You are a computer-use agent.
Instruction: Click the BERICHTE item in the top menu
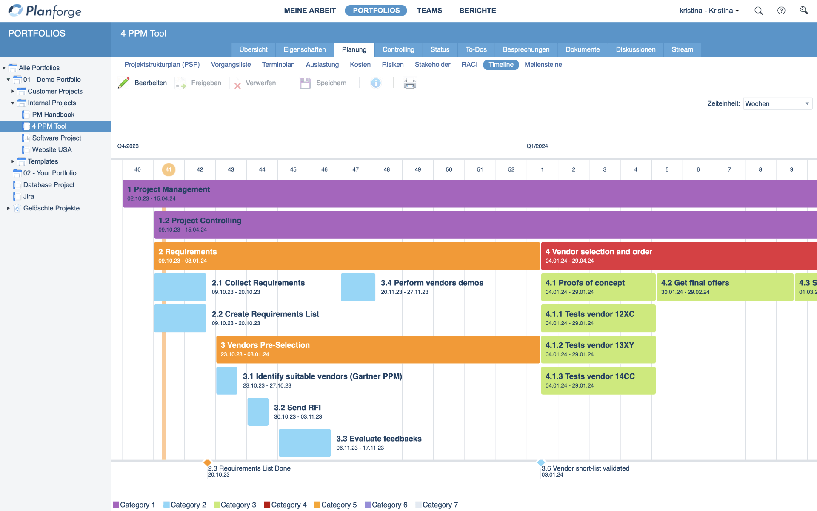pos(477,11)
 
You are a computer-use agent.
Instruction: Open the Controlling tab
pos(398,49)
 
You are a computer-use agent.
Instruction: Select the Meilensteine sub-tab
pos(543,65)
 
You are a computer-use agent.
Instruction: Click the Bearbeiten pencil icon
pos(124,83)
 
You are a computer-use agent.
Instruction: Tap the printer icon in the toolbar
pos(410,83)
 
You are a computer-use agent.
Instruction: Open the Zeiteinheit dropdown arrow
pos(807,103)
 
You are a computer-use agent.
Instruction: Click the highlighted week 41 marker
pos(169,169)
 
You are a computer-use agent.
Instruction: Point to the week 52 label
pos(511,169)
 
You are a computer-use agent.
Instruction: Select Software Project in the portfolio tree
pos(57,138)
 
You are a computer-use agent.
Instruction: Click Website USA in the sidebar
pos(52,149)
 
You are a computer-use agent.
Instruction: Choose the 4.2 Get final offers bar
pos(724,287)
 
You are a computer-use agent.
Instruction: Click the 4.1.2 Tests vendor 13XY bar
pos(598,349)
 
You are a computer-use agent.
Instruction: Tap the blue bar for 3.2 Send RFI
pos(258,412)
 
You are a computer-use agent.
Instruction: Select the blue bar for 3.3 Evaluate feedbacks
pos(305,443)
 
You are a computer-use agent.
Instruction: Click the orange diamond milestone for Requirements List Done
pos(207,462)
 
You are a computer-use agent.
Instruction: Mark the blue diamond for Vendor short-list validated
pos(541,462)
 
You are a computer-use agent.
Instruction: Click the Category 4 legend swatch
pos(267,505)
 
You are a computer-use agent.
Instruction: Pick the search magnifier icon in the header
pos(758,11)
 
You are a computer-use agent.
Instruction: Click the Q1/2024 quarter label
pos(537,146)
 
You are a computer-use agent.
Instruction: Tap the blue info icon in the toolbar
pos(376,83)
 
